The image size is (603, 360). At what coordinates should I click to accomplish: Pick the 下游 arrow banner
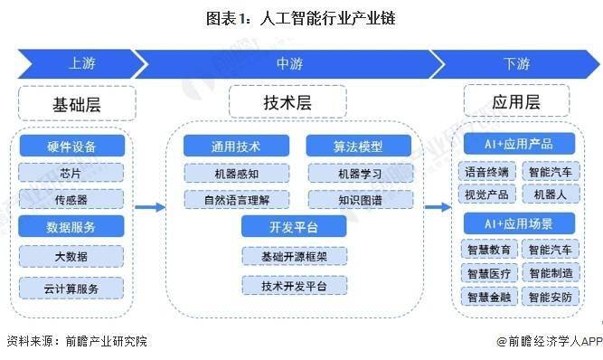click(x=515, y=65)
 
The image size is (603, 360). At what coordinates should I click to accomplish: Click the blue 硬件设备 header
click(x=71, y=146)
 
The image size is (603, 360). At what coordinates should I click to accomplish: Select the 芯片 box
click(x=71, y=173)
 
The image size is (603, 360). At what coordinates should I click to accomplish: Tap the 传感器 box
click(x=71, y=199)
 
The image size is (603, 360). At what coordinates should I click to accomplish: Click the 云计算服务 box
click(x=71, y=289)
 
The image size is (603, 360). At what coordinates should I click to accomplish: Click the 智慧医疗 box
click(x=486, y=272)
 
